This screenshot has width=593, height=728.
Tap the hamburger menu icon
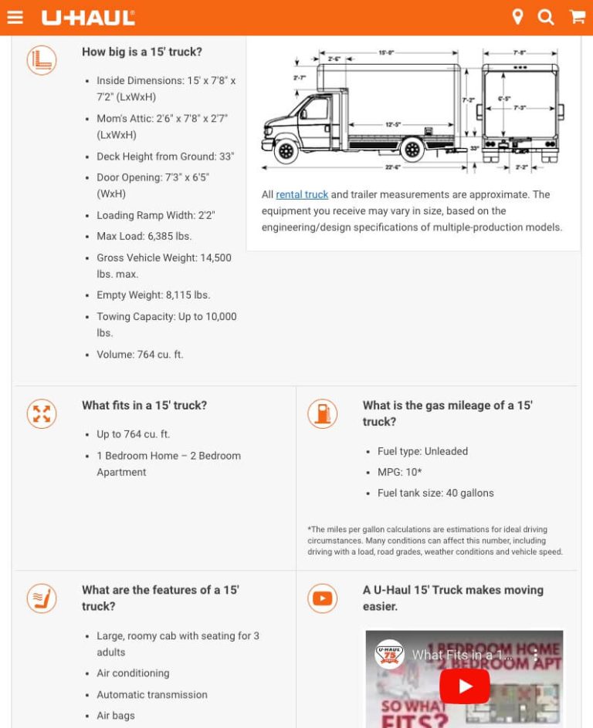15,17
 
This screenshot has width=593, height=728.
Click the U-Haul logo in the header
88,17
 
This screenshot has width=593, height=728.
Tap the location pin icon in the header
517,17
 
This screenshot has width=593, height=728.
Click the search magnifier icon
546,17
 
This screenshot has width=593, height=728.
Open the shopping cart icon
577,17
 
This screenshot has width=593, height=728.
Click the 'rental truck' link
302,194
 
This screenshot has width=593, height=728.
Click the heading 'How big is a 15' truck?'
142,52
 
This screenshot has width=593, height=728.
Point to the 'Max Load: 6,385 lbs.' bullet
144,236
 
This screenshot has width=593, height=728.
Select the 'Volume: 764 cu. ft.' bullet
140,355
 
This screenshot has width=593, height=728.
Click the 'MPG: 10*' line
399,472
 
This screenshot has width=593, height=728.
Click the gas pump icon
322,413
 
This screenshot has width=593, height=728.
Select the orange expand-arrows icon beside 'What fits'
42,413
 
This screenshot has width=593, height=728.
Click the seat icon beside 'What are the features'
42,598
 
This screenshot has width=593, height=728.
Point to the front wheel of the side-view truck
286,150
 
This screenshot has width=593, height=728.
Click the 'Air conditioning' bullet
133,673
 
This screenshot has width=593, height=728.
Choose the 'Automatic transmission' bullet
152,695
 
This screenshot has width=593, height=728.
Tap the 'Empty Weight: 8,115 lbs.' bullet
153,295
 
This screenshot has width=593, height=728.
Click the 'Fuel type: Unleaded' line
422,451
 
